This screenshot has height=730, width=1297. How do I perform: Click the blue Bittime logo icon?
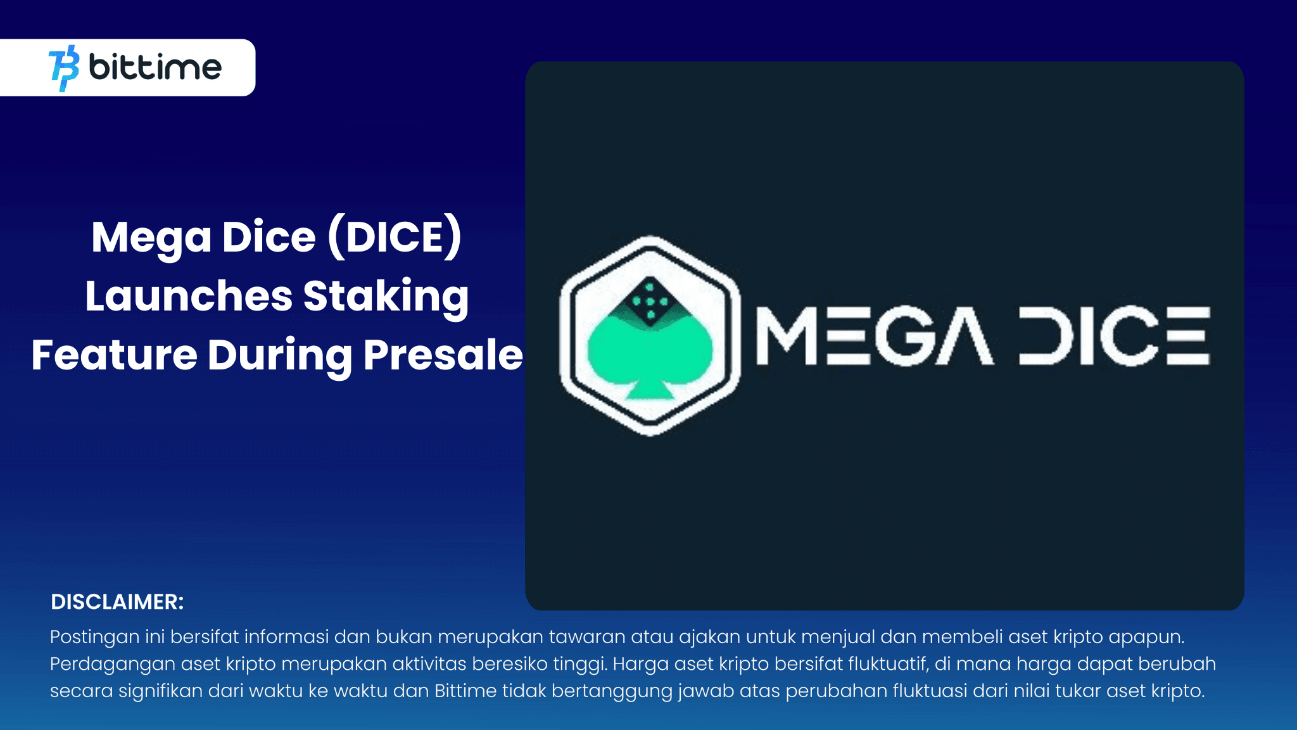pyautogui.click(x=64, y=68)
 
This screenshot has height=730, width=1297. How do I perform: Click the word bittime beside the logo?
pyautogui.click(x=155, y=67)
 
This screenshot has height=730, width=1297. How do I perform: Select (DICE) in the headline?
pyautogui.click(x=395, y=238)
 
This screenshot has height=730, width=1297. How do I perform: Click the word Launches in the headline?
pyautogui.click(x=188, y=297)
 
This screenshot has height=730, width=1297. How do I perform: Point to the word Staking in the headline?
pyautogui.click(x=386, y=297)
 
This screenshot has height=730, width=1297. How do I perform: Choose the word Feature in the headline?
pyautogui.click(x=114, y=355)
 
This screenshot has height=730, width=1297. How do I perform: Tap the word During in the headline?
pyautogui.click(x=279, y=355)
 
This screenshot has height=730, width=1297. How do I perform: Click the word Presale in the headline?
pyautogui.click(x=443, y=355)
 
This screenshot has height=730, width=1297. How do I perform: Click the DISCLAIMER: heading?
pyautogui.click(x=117, y=602)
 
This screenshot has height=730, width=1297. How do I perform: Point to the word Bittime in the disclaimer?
pyautogui.click(x=465, y=691)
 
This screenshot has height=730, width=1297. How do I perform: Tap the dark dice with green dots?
pyautogui.click(x=650, y=301)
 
